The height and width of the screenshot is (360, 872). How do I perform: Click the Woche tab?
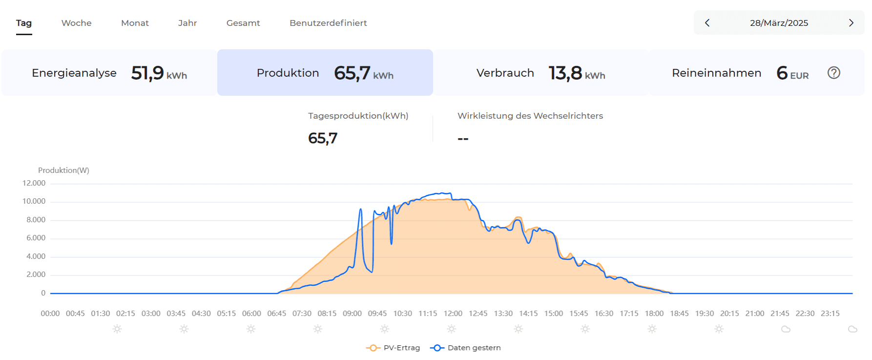click(76, 23)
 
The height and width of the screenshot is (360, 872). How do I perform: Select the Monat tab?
click(135, 23)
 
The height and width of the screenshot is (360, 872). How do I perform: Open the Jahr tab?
click(187, 23)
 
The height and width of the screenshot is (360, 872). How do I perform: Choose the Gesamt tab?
click(243, 23)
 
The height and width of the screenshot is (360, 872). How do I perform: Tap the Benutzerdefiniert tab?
click(328, 23)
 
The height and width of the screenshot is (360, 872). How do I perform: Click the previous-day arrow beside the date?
click(707, 23)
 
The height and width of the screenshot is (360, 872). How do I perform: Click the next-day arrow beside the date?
click(851, 23)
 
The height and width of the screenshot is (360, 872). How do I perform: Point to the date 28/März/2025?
click(779, 23)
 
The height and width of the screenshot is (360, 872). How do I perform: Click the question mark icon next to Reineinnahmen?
click(833, 73)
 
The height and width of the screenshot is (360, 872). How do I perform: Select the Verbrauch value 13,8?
click(565, 73)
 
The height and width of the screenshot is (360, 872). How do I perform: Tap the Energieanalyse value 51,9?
click(147, 73)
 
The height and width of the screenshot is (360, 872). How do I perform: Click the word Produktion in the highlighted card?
click(288, 73)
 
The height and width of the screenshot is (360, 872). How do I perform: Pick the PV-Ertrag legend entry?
click(393, 348)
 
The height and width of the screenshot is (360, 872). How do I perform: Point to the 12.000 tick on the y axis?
click(34, 183)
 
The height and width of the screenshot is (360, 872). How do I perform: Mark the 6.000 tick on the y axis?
click(36, 238)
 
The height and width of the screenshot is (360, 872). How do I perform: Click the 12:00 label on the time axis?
click(453, 314)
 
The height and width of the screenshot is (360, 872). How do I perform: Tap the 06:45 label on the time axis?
click(276, 314)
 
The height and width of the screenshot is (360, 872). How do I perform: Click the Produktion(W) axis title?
click(63, 170)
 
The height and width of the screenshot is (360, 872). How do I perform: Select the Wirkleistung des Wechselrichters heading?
click(530, 116)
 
